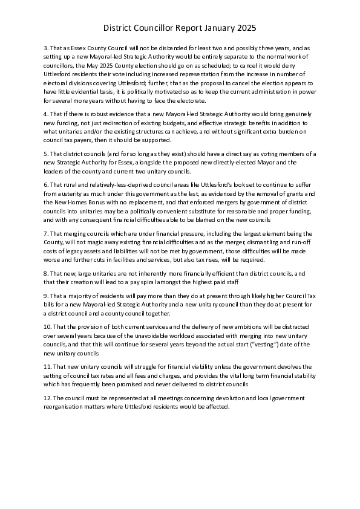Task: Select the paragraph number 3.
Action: [45, 47]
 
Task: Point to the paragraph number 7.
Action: [45, 233]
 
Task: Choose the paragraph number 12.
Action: [48, 398]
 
